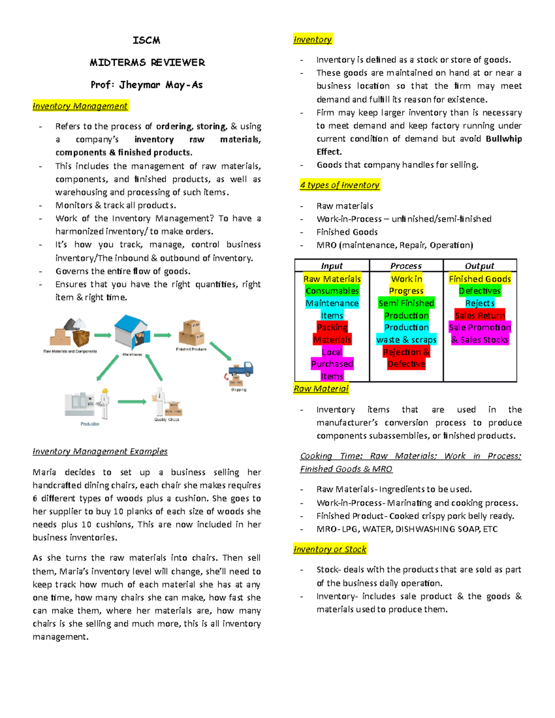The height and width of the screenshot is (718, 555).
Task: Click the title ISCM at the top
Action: click(147, 40)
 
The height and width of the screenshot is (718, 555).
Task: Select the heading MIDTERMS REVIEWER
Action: click(147, 62)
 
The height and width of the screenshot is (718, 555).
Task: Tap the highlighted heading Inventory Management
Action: click(80, 106)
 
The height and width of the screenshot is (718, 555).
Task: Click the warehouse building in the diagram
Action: click(132, 332)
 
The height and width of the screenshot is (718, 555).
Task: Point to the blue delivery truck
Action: click(241, 369)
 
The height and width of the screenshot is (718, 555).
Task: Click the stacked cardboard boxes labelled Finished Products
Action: click(191, 332)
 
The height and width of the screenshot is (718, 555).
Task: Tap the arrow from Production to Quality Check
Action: click(132, 402)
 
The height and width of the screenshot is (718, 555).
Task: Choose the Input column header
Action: click(332, 266)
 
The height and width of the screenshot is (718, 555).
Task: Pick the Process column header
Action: click(406, 266)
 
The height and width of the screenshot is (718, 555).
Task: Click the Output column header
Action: click(479, 266)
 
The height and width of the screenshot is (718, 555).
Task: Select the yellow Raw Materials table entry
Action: click(332, 279)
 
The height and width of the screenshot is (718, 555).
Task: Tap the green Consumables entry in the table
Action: click(332, 291)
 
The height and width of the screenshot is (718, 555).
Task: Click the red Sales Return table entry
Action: click(480, 315)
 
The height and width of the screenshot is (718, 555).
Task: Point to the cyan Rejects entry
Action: click(480, 303)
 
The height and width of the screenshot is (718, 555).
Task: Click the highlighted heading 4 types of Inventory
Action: click(340, 185)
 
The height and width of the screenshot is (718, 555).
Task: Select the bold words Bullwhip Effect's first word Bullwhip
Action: click(504, 139)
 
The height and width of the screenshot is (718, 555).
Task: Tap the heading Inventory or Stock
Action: click(330, 549)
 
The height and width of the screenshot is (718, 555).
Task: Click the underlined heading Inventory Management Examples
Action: click(100, 451)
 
